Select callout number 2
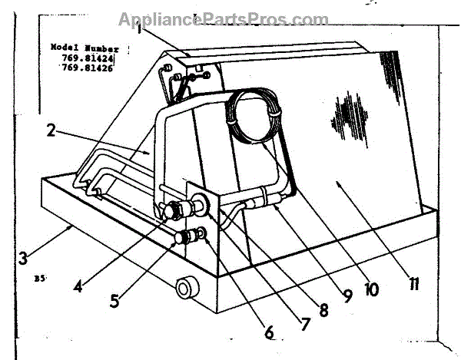(x=51, y=130)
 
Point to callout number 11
(x=414, y=286)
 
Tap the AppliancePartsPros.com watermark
(x=223, y=19)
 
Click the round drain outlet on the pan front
(x=185, y=289)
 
